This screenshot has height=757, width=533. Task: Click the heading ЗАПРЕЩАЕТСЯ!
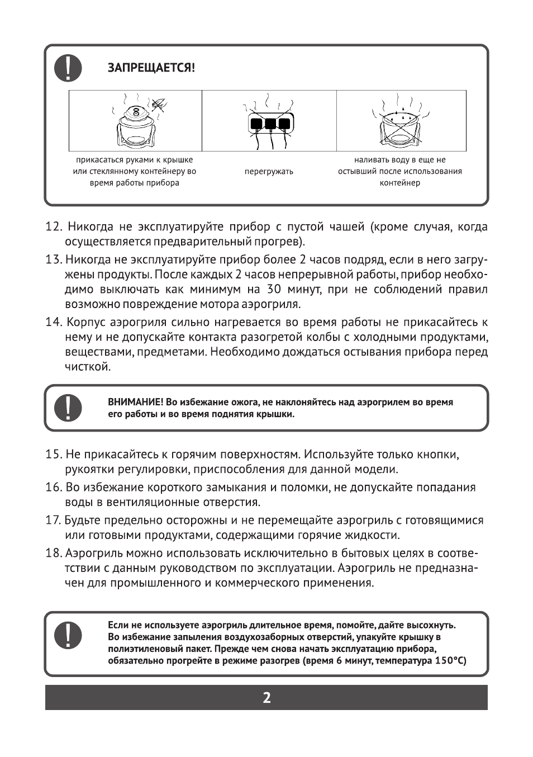coord(151,68)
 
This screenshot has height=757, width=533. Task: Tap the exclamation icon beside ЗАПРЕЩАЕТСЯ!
coord(68,69)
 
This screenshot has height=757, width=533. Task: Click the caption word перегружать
coord(269,172)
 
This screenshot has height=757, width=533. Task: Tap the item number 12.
coord(54,227)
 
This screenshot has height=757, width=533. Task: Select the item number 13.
coord(53,260)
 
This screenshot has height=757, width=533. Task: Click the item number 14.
coord(54,323)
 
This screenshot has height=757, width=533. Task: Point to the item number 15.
coord(53,455)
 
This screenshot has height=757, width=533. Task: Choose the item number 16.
coord(53,488)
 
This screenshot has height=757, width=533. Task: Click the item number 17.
coord(53,521)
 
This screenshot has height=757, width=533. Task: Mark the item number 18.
coord(53,553)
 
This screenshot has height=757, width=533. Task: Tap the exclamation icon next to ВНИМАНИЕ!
coord(68,408)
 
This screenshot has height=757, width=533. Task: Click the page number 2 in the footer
coord(266,698)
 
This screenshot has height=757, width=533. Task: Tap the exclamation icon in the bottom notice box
coord(68,635)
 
